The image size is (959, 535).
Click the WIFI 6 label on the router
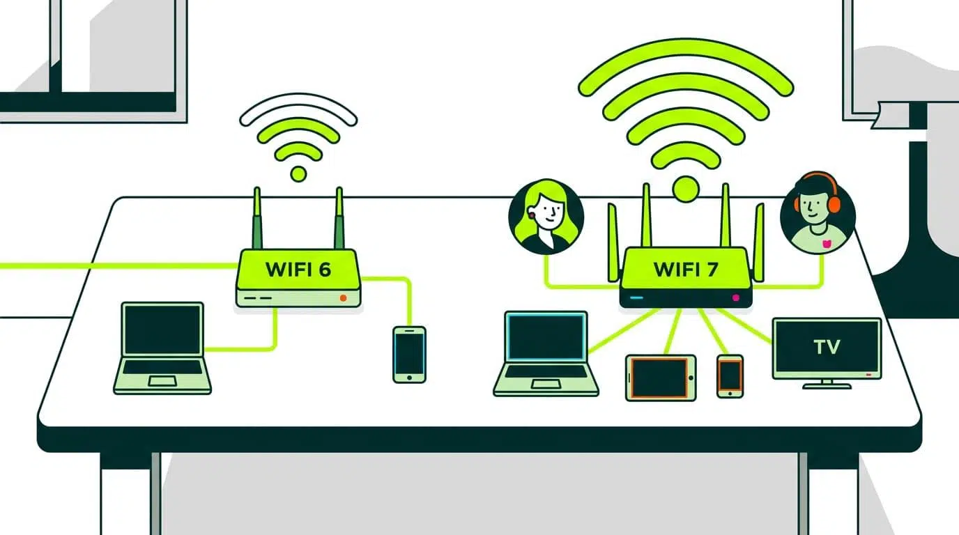[x=298, y=269]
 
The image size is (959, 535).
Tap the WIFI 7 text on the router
[x=685, y=269]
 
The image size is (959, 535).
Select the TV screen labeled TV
[x=827, y=348]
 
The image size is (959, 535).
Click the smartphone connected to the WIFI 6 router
[x=409, y=355]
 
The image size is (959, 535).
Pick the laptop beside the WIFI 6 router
[x=162, y=348]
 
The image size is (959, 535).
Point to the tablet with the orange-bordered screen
[x=661, y=378]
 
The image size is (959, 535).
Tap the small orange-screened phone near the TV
[x=730, y=376]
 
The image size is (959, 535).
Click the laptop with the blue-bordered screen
[x=546, y=353]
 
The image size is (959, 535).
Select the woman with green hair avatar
[x=546, y=217]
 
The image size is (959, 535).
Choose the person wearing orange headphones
[x=818, y=213]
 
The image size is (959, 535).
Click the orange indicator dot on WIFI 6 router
[x=343, y=298]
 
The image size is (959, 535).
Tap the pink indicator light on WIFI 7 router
[x=735, y=297]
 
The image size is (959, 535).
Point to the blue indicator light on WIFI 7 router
[x=636, y=297]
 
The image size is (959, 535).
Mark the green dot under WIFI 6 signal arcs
[x=298, y=174]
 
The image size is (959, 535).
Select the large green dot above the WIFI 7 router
[x=686, y=189]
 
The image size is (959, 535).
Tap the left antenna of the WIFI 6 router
[x=257, y=218]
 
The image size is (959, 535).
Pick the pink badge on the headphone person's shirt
[x=827, y=244]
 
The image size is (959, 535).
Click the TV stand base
[x=827, y=386]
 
